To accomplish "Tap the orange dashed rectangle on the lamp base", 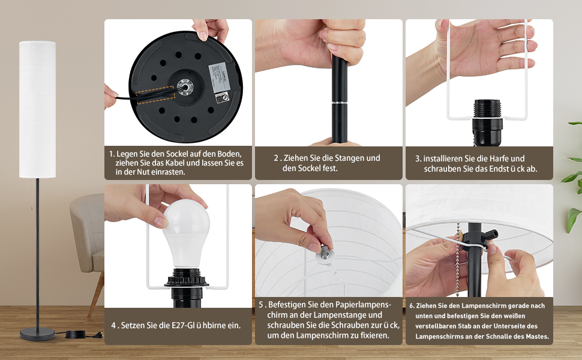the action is pyautogui.click(x=155, y=95).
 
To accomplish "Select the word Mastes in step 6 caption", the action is pyautogui.click(x=537, y=337).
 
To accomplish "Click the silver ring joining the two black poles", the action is pyautogui.click(x=339, y=101).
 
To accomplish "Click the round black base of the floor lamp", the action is pyautogui.click(x=37, y=334).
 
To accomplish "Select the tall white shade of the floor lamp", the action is pyautogui.click(x=37, y=109).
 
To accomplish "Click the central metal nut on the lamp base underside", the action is pyautogui.click(x=184, y=87).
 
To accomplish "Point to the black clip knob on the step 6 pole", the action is pyautogui.click(x=490, y=236).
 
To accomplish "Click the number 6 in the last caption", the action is pyautogui.click(x=411, y=306).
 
